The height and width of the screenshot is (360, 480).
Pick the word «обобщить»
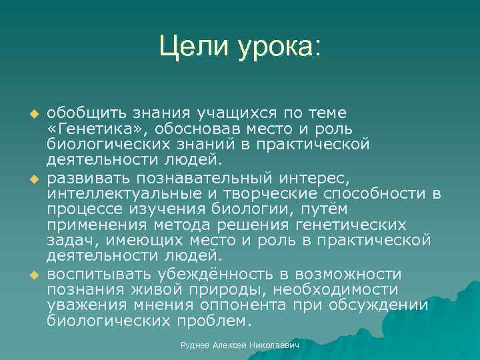(x=83, y=111)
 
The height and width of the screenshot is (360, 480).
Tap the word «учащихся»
(x=217, y=111)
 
